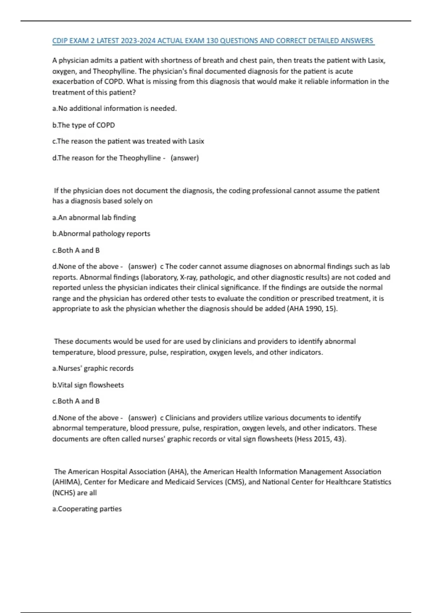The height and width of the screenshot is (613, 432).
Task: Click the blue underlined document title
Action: (213, 41)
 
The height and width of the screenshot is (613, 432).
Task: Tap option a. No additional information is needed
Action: (114, 109)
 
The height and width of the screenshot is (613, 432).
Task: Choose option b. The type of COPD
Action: (84, 125)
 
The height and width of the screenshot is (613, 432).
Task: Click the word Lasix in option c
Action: (196, 141)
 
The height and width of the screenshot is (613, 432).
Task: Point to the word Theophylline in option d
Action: (140, 158)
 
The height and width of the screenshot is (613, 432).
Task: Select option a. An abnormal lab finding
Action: (94, 218)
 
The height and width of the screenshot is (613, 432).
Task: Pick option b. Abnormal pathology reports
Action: (101, 234)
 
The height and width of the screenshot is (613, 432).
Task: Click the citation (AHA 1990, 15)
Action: (312, 309)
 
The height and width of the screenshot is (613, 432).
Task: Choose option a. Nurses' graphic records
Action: (93, 369)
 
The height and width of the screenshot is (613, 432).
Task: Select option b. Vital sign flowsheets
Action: (88, 385)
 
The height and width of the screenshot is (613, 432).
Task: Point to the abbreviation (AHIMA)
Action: (67, 482)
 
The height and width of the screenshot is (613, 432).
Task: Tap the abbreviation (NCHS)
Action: (64, 493)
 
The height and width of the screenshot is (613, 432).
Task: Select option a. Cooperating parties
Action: (87, 509)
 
